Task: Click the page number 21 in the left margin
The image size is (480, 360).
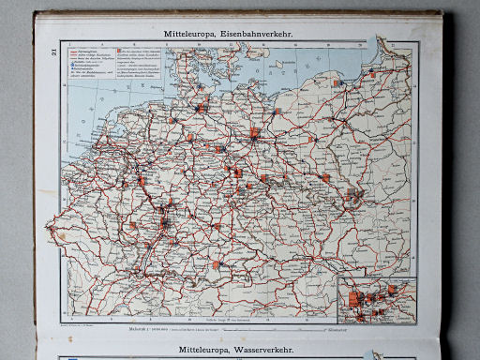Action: tap(50, 62)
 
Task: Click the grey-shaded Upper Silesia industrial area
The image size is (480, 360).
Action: tap(356, 198)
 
